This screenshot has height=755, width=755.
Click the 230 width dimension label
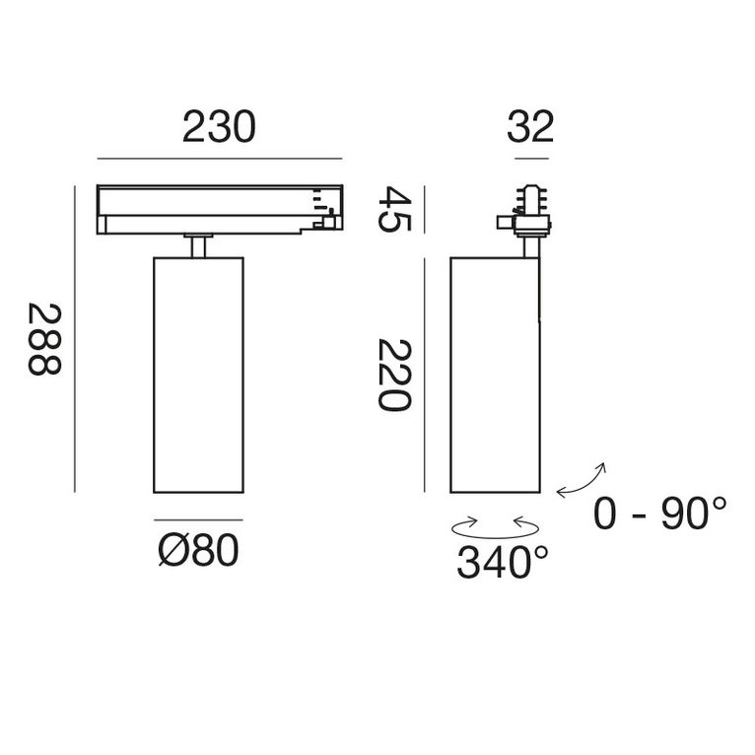click(x=219, y=128)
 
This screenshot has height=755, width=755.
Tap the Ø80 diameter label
click(x=198, y=552)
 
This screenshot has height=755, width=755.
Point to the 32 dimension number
click(x=530, y=128)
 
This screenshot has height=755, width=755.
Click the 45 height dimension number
click(x=394, y=209)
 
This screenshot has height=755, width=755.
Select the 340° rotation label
click(x=502, y=564)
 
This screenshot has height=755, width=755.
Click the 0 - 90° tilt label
click(x=660, y=514)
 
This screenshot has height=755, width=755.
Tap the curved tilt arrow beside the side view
click(x=583, y=479)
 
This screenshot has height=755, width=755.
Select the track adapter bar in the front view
click(x=219, y=210)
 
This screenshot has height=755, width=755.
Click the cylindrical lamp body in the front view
click(x=198, y=375)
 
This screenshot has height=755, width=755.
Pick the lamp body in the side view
click(x=494, y=375)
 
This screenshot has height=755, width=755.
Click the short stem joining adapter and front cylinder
click(x=198, y=245)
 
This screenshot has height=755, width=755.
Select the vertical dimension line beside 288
click(x=75, y=339)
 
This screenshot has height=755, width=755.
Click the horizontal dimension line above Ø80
click(x=198, y=519)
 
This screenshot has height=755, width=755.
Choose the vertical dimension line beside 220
click(x=424, y=375)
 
